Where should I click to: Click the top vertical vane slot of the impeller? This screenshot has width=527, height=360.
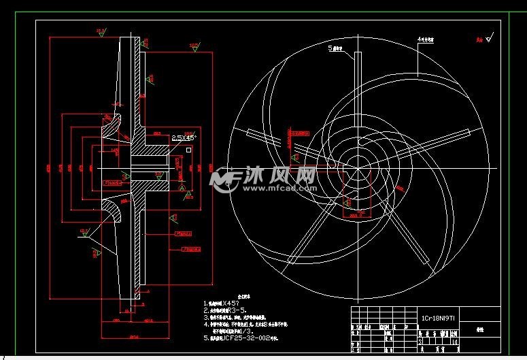356,75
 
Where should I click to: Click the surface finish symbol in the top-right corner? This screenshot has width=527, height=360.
487,38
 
